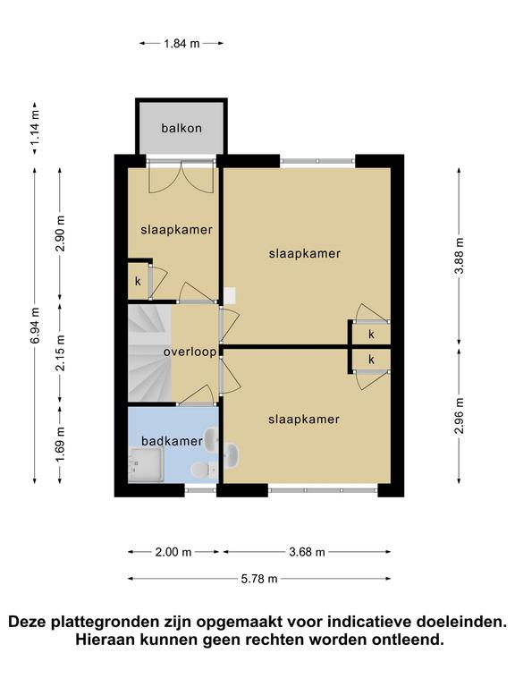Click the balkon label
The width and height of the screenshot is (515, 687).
182,129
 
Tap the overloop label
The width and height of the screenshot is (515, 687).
190,352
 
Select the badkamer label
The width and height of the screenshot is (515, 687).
172,441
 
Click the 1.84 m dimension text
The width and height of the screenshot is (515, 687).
182,43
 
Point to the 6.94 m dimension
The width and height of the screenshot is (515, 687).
35,326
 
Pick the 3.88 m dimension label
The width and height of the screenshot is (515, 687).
459,256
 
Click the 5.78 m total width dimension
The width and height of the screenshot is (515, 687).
259,579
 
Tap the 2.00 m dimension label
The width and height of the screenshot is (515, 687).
173,552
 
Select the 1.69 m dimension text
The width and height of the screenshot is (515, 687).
60,445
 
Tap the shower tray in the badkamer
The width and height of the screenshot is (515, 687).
146,464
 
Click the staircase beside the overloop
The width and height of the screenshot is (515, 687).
149,353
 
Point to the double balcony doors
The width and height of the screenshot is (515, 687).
182,177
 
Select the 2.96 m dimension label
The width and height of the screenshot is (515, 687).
459,415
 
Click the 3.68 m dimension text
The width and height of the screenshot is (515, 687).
307,552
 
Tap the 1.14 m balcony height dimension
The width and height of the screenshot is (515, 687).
35,128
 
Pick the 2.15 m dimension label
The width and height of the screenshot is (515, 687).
60,352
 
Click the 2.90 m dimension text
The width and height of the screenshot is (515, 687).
60,233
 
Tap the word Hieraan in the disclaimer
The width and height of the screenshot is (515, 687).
106,640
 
